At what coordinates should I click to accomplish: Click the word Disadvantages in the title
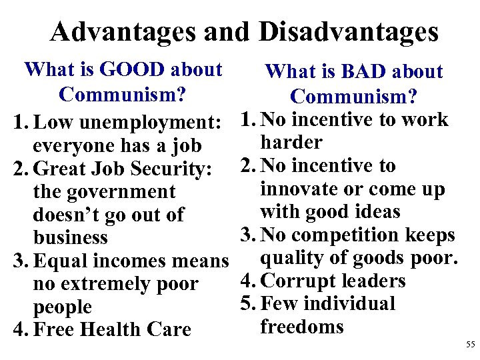348,31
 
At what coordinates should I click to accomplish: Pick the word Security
169,169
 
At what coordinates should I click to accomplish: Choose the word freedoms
301,327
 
